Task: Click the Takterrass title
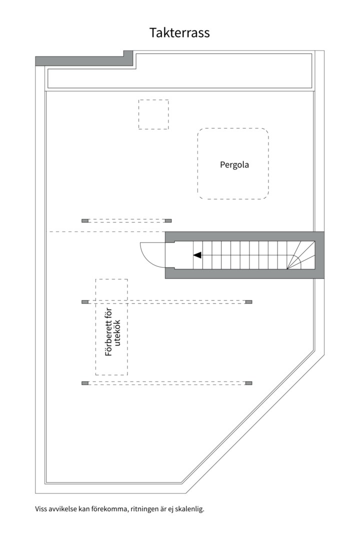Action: tap(179, 32)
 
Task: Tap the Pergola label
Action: tap(234, 164)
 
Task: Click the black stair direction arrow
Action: tap(197, 255)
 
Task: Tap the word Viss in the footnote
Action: tap(40, 508)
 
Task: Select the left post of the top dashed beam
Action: tap(85, 221)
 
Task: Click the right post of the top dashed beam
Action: tap(168, 221)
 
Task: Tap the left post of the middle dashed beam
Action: tap(85, 302)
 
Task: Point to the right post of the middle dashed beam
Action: tap(248, 302)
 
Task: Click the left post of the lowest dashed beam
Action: tap(85, 383)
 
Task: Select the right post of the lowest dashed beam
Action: tap(248, 383)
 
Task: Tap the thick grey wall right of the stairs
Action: tap(319, 255)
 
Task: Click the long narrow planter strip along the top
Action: tap(179, 78)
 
